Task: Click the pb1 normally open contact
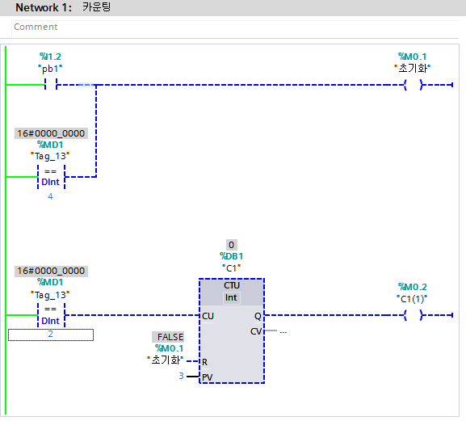pyautogui.click(x=51, y=84)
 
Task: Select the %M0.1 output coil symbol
pyautogui.click(x=413, y=85)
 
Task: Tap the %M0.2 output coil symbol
pyautogui.click(x=413, y=315)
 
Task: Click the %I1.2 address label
pyautogui.click(x=50, y=57)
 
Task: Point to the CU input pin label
pyautogui.click(x=208, y=316)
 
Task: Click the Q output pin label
pyautogui.click(x=258, y=316)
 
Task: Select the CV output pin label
pyautogui.click(x=256, y=331)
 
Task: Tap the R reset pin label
pyautogui.click(x=204, y=362)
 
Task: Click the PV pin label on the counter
pyautogui.click(x=207, y=377)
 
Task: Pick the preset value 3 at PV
pyautogui.click(x=181, y=376)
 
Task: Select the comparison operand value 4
pyautogui.click(x=51, y=196)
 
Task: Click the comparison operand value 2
pyautogui.click(x=51, y=334)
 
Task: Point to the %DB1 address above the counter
pyautogui.click(x=231, y=256)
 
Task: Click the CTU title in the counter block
pyautogui.click(x=232, y=285)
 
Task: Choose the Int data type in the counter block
pyautogui.click(x=231, y=297)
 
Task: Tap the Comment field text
pyautogui.click(x=36, y=27)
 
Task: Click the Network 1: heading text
pyautogui.click(x=44, y=7)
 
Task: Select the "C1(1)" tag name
pyautogui.click(x=412, y=299)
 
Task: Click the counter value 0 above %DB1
pyautogui.click(x=231, y=245)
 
